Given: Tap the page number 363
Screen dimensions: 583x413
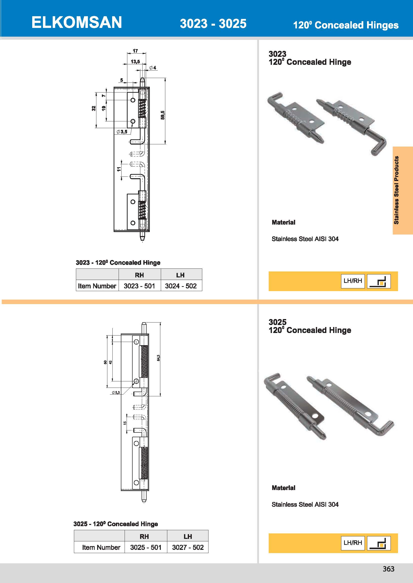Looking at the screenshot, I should click(388, 569).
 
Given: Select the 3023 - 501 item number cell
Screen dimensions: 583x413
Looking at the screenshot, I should click(139, 286).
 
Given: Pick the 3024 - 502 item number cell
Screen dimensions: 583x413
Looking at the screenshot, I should click(181, 286).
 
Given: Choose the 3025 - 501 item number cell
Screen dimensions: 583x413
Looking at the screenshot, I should click(146, 547).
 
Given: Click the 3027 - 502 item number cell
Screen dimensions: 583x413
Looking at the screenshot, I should click(188, 547).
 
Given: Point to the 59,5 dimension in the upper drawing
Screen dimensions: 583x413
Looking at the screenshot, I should click(163, 115).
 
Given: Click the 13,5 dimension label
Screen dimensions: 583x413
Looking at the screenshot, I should click(135, 62).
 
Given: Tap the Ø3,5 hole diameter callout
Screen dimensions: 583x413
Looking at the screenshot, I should click(122, 132).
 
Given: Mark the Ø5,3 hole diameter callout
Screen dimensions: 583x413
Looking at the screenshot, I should click(116, 392).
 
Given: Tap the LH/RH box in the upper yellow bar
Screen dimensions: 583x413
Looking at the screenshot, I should click(353, 281).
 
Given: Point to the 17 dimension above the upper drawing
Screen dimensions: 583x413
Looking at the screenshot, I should click(135, 51).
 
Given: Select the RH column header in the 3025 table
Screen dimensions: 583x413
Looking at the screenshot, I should click(144, 536).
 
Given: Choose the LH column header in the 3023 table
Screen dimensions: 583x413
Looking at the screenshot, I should click(180, 275).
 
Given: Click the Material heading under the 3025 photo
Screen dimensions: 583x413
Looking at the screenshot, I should click(284, 488).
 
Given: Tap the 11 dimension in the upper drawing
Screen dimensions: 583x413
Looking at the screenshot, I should click(119, 169).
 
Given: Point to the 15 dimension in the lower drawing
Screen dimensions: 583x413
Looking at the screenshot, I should click(125, 423).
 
